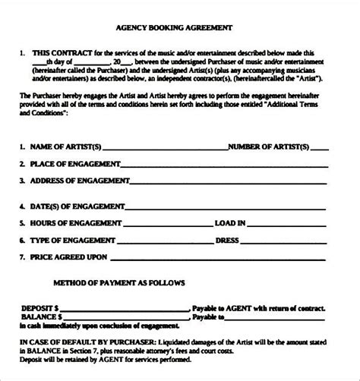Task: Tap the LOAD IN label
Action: point(230,223)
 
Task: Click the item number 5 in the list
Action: point(23,223)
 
